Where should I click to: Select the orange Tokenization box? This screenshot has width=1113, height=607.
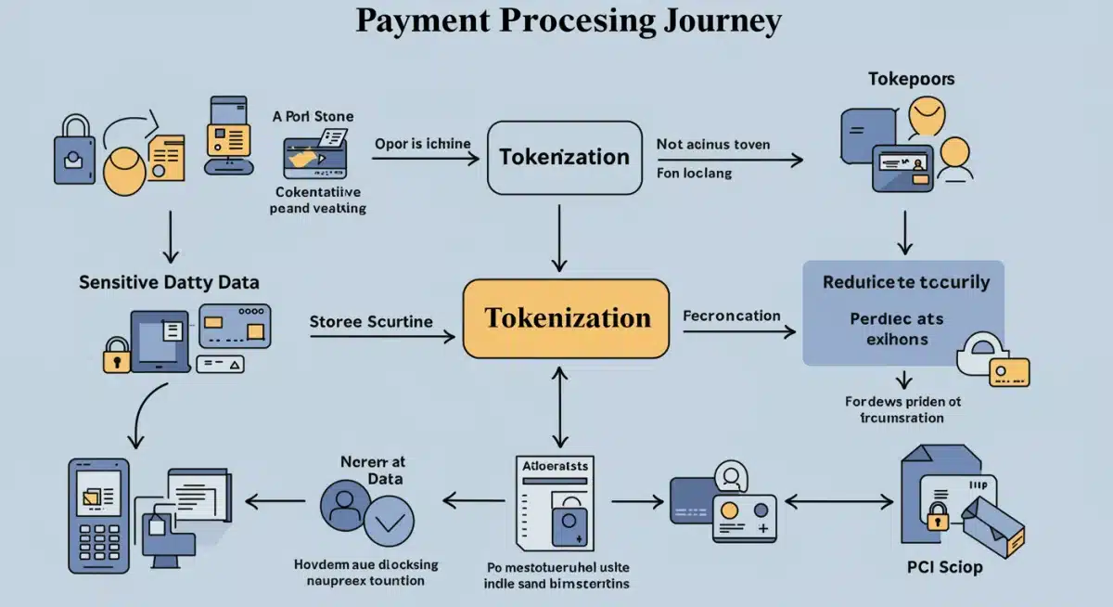[566, 318]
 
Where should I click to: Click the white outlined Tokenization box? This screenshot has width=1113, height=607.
[564, 157]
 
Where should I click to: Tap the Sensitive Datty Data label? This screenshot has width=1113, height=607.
[169, 281]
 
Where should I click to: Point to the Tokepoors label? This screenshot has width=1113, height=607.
[911, 79]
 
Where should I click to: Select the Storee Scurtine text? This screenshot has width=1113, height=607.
[371, 321]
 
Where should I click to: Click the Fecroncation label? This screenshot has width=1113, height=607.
[731, 316]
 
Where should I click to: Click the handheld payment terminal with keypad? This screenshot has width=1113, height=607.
[98, 515]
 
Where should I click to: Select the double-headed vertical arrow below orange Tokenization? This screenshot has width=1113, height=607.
[558, 405]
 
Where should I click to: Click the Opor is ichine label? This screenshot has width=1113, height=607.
[422, 144]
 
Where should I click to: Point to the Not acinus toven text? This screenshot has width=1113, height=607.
[712, 145]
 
